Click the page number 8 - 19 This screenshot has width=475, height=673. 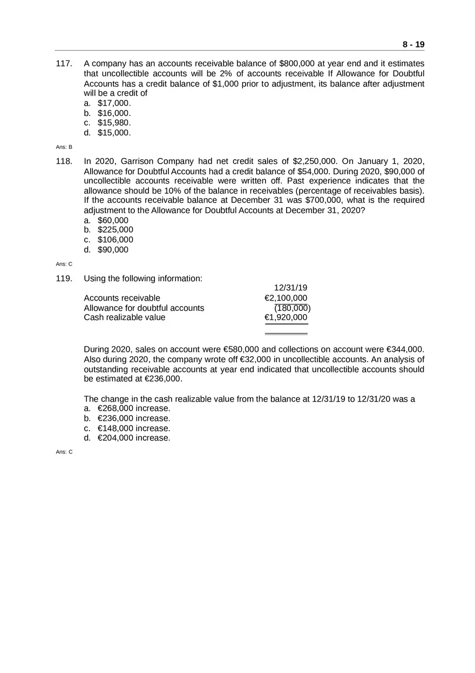point(413,44)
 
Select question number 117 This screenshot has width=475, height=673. point(64,64)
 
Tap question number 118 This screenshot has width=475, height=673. point(64,161)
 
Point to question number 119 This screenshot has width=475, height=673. point(64,278)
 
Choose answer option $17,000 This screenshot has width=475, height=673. point(114,103)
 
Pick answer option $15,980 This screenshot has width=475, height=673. point(114,123)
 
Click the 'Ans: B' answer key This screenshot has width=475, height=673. point(64,147)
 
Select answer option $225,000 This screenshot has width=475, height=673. point(115,230)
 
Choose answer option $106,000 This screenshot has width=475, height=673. point(115,240)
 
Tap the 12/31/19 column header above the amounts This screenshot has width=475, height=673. point(290,288)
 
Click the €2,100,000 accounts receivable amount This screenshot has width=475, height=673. point(286,298)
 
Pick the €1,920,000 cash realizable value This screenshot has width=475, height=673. point(286,317)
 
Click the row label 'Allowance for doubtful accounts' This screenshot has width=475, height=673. point(144,308)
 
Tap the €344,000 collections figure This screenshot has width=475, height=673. point(405,350)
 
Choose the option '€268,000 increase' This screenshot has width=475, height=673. point(133,409)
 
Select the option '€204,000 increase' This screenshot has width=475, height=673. point(133,438)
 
